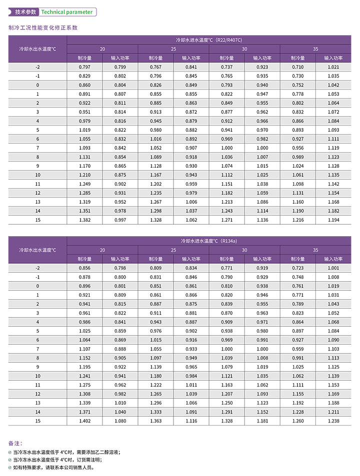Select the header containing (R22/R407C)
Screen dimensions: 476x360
(x=209, y=39)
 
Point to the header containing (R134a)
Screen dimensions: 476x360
(x=209, y=240)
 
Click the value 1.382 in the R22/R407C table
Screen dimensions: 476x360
(x=84, y=220)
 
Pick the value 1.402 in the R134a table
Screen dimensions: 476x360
(x=84, y=421)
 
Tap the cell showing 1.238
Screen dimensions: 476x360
(x=333, y=421)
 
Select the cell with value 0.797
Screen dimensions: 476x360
(x=84, y=67)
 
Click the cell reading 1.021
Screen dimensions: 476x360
(x=333, y=67)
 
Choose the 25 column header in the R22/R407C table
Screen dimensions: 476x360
(x=173, y=49)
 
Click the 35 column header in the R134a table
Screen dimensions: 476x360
(x=315, y=250)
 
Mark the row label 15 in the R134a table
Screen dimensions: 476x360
(x=37, y=421)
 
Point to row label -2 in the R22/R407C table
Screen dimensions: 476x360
(x=37, y=67)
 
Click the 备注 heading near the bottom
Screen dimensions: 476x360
(x=15, y=443)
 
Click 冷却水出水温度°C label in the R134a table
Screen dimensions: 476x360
(x=37, y=250)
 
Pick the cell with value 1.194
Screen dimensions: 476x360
(x=333, y=220)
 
